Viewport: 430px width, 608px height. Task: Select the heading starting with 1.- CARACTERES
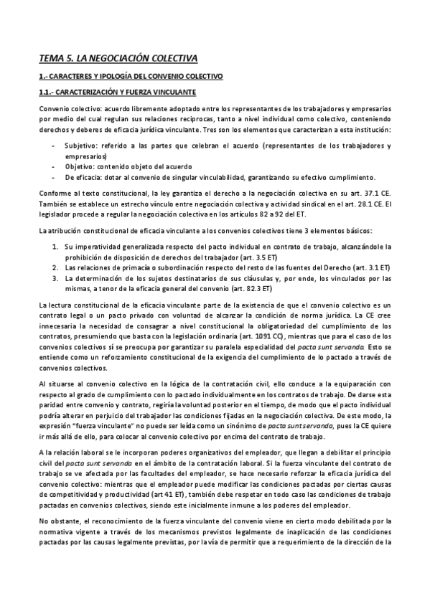click(131, 75)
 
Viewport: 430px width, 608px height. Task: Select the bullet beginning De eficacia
click(82, 176)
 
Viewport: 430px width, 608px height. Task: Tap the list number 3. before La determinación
click(57, 278)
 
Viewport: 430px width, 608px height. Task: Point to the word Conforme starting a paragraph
click(56, 194)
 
